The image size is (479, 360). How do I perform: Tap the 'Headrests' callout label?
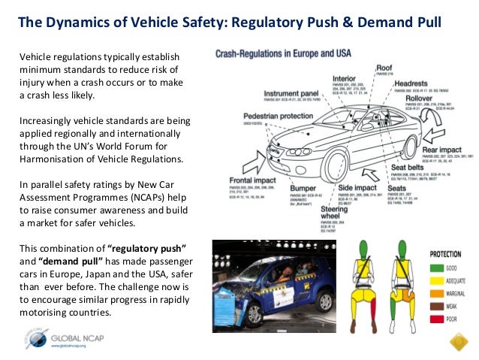[x=422, y=85]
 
